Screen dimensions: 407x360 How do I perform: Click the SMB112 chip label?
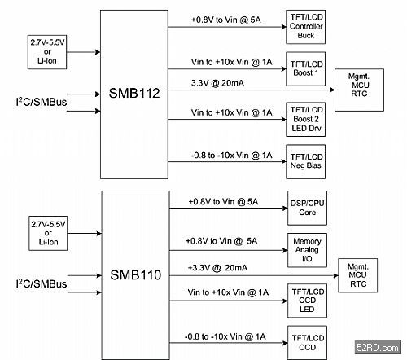pyautogui.click(x=134, y=93)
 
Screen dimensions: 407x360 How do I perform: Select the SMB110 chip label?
pyautogui.click(x=136, y=275)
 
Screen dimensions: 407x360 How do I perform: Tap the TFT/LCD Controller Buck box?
pyautogui.click(x=305, y=27)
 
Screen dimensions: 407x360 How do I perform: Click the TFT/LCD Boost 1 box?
pyautogui.click(x=305, y=69)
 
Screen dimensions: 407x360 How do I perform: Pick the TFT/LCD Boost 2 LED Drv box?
pyautogui.click(x=305, y=119)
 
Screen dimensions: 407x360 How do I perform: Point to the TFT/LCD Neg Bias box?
pyautogui.click(x=305, y=161)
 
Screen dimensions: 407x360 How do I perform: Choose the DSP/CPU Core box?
pyautogui.click(x=307, y=208)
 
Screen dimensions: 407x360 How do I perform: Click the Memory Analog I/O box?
pyautogui.click(x=307, y=250)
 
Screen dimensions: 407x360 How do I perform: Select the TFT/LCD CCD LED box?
pyautogui.click(x=307, y=301)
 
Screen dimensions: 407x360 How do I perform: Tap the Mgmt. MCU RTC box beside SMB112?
pyautogui.click(x=359, y=90)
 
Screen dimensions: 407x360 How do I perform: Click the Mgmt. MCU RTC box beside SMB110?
pyautogui.click(x=358, y=275)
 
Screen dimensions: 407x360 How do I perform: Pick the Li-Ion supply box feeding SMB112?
pyautogui.click(x=47, y=52)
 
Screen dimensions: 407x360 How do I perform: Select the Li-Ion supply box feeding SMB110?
pyautogui.click(x=48, y=233)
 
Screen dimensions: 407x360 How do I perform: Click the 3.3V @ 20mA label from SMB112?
pyautogui.click(x=217, y=83)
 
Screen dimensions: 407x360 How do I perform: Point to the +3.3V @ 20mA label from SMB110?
pyautogui.click(x=217, y=268)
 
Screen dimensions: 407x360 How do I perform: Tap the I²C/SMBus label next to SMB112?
pyautogui.click(x=42, y=102)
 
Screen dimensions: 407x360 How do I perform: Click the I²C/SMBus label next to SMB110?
pyautogui.click(x=42, y=283)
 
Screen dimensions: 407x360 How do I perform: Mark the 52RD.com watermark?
pyautogui.click(x=378, y=347)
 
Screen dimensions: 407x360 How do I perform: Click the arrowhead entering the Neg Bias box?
pyautogui.click(x=283, y=161)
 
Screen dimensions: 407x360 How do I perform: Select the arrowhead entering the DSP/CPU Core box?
pyautogui.click(x=285, y=208)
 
